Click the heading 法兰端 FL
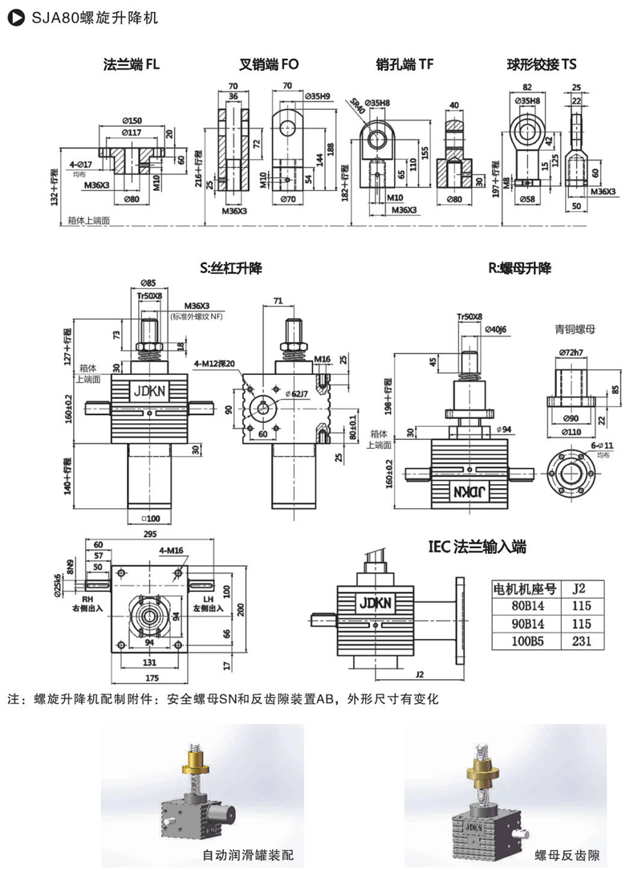(x=132, y=64)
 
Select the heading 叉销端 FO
(x=270, y=64)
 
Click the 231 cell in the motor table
(x=581, y=641)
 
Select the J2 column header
(x=581, y=588)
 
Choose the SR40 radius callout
(x=354, y=104)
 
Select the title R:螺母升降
(x=519, y=267)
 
